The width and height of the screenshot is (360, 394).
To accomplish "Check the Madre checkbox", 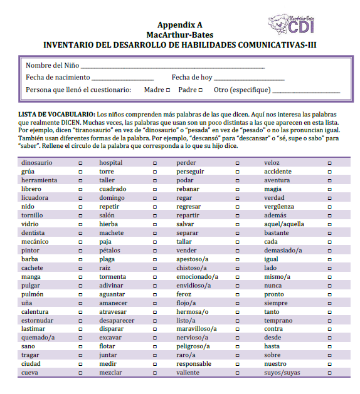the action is pos(168,90).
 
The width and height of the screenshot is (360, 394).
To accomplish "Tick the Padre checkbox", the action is pos(200,90).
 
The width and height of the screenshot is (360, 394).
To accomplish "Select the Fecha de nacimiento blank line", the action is pos(122,79).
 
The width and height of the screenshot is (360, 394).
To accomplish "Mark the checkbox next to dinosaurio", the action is pos(80,163).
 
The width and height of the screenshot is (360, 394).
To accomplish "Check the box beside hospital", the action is pos(155,163).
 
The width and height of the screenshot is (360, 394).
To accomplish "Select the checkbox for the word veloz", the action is pos(330,163).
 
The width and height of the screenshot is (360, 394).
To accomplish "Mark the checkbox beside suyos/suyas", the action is pos(330,373).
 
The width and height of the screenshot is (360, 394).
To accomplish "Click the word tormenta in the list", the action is pos(112,276).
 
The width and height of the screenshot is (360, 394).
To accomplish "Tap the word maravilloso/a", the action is pos(196,329).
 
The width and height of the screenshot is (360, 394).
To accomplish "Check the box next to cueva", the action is pos(80,373).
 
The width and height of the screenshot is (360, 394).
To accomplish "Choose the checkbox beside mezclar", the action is pos(155,373).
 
